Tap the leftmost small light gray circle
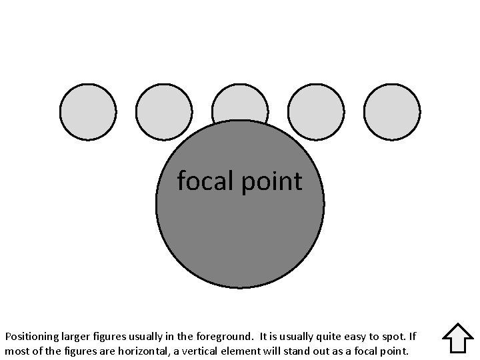click(x=88, y=112)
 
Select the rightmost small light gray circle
click(x=393, y=112)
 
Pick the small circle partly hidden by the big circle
click(x=240, y=103)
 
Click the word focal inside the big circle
click(x=204, y=181)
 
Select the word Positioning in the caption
click(x=32, y=337)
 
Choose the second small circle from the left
click(x=164, y=112)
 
